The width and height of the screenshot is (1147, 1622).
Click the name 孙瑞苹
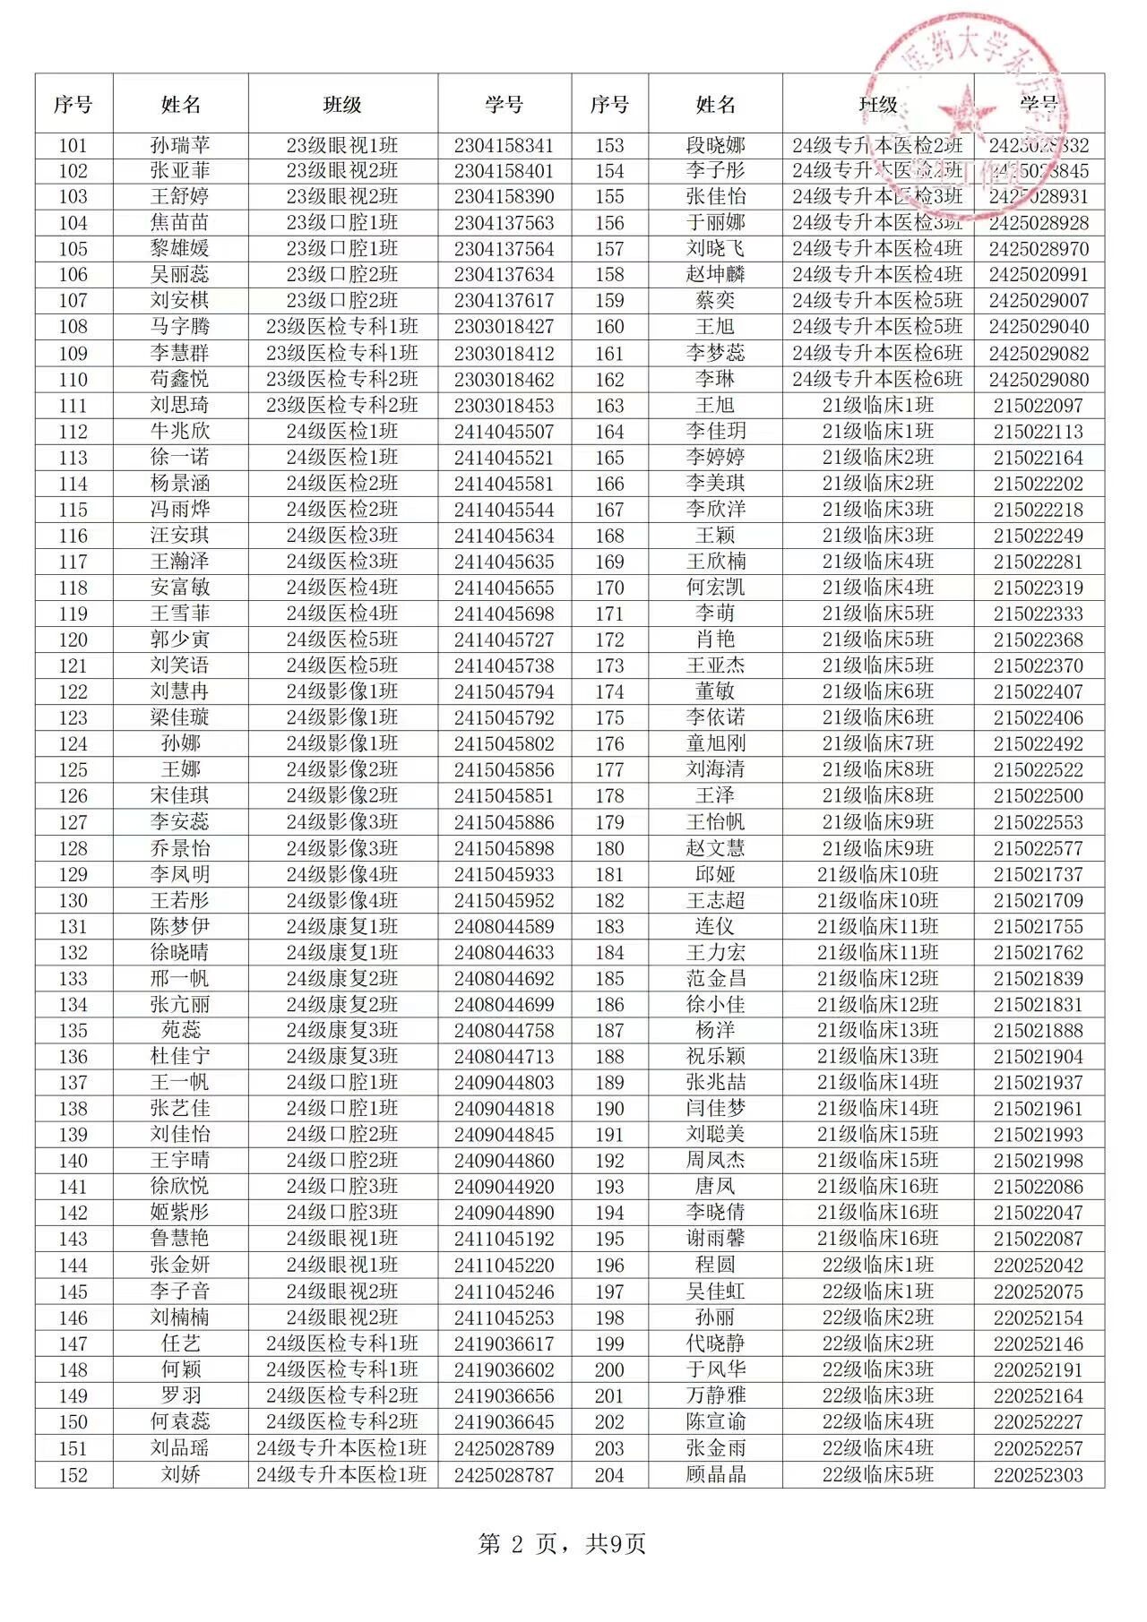(180, 145)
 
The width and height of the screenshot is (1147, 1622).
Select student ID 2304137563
(504, 223)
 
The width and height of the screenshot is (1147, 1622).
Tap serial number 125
(73, 770)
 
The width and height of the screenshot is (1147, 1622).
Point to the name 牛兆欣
(180, 432)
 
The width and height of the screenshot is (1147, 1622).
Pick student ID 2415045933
(504, 875)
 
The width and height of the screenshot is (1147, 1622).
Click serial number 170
(609, 588)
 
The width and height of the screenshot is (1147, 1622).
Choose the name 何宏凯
(715, 588)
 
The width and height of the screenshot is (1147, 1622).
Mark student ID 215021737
(1038, 875)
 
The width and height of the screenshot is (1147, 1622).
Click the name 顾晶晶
(715, 1475)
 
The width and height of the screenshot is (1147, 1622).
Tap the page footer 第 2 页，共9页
(562, 1544)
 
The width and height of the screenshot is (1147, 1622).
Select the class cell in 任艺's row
(341, 1344)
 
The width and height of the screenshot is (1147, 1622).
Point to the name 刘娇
(180, 1475)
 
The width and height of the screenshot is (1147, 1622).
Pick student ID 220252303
(1038, 1475)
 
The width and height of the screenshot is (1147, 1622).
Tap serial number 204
(609, 1475)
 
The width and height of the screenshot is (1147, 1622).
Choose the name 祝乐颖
(715, 1057)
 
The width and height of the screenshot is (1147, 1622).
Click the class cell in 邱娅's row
(877, 875)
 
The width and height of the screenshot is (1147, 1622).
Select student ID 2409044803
(504, 1083)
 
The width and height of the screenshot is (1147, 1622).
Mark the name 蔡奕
(715, 301)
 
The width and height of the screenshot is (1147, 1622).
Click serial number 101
(73, 145)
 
